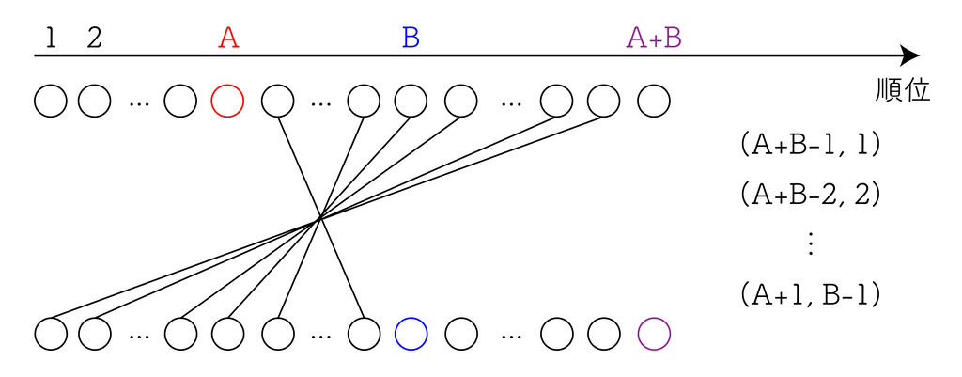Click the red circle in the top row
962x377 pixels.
pyautogui.click(x=227, y=100)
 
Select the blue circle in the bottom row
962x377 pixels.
pyautogui.click(x=411, y=333)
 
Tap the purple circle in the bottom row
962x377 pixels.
pyautogui.click(x=654, y=333)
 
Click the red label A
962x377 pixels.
pyautogui.click(x=228, y=39)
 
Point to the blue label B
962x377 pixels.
pyautogui.click(x=411, y=39)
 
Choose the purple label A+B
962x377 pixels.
pyautogui.click(x=654, y=39)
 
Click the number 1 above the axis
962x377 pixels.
pyautogui.click(x=51, y=39)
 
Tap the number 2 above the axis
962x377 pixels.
pyautogui.click(x=94, y=39)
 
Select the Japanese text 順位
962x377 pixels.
pyautogui.click(x=902, y=90)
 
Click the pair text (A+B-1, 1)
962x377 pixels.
pyautogui.click(x=810, y=145)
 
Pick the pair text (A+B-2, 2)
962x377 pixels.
pyautogui.click(x=810, y=195)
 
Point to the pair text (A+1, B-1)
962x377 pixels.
pyautogui.click(x=810, y=294)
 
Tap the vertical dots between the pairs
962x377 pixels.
pyautogui.click(x=810, y=243)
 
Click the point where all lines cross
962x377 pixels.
pyautogui.click(x=319, y=218)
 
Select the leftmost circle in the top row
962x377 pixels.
pyautogui.click(x=51, y=100)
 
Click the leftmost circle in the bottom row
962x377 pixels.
pyautogui.click(x=51, y=333)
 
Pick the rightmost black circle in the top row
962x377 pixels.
pyautogui.click(x=654, y=100)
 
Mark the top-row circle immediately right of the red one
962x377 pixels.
pyautogui.click(x=278, y=100)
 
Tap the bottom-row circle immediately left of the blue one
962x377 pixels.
pyautogui.click(x=364, y=333)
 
